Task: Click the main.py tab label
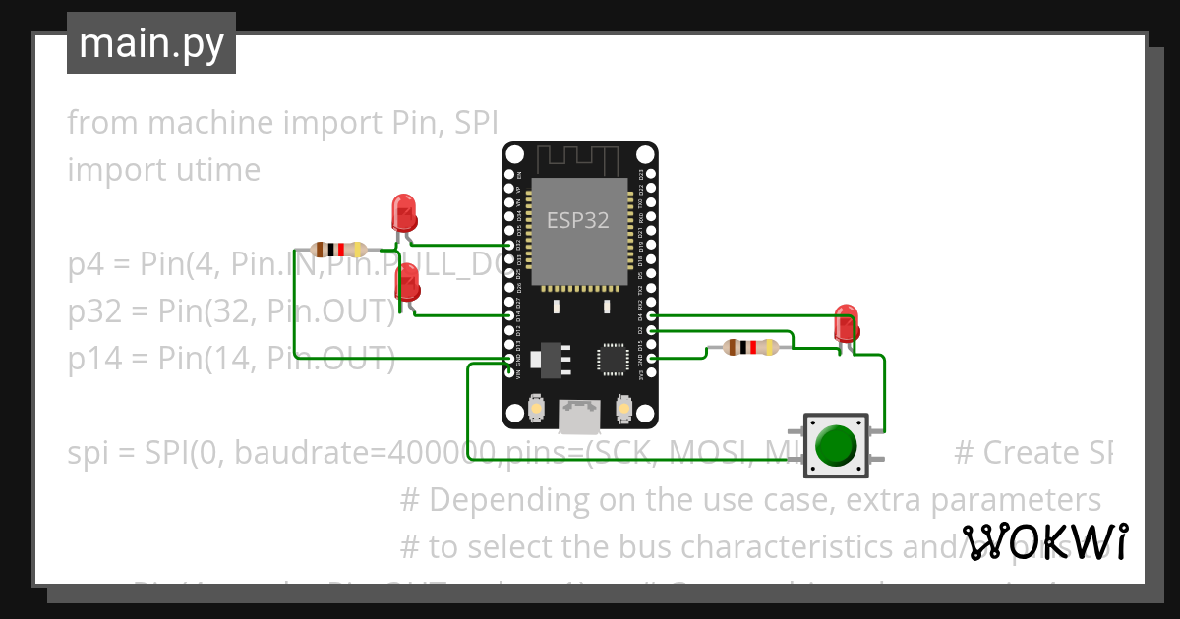click(x=150, y=43)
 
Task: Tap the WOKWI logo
click(x=1044, y=541)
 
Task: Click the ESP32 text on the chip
click(x=578, y=221)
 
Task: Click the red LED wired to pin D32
click(x=403, y=213)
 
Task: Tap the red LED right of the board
click(x=845, y=324)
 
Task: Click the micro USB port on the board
click(x=579, y=416)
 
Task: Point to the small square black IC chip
click(x=614, y=359)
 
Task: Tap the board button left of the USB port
click(x=537, y=407)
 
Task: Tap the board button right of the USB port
click(x=622, y=407)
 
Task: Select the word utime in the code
click(x=215, y=170)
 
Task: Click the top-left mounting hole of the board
click(x=515, y=155)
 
